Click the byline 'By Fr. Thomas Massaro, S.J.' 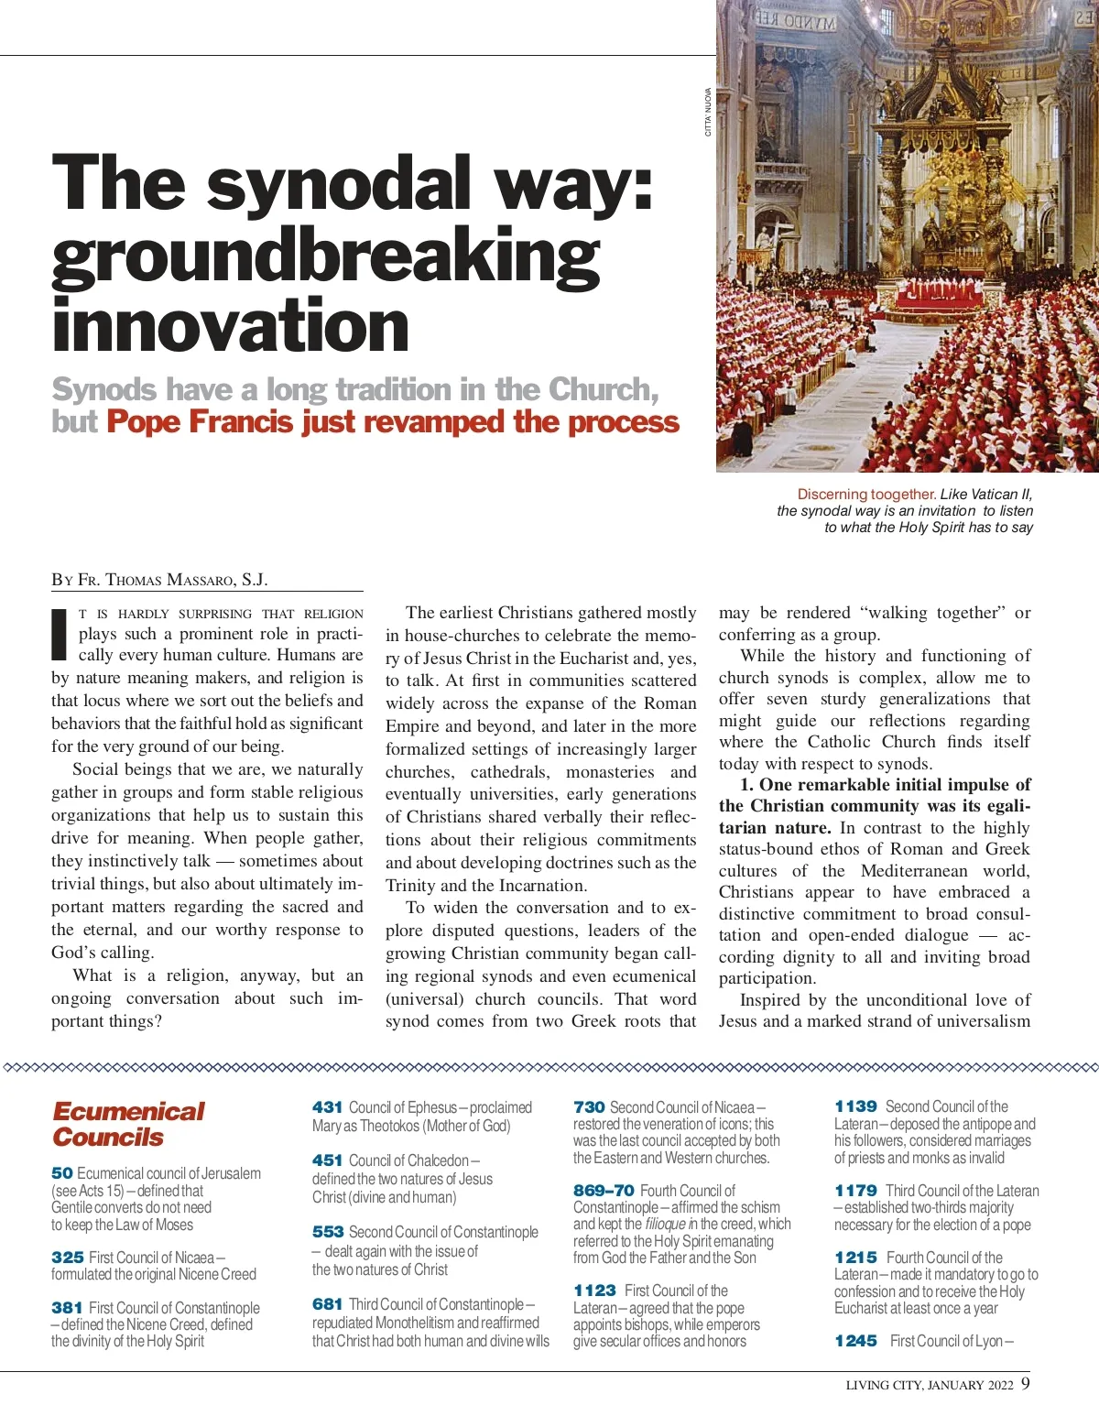click(x=159, y=580)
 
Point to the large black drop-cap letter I click(x=60, y=634)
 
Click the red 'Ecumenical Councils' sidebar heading click(x=128, y=1124)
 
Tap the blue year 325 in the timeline click(x=67, y=1258)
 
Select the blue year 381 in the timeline click(x=67, y=1308)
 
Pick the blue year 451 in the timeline click(x=327, y=1160)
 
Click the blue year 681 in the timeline click(x=327, y=1304)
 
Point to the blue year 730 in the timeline click(x=589, y=1107)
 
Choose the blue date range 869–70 click(x=604, y=1191)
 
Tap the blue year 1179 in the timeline click(x=855, y=1191)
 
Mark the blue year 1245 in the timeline click(x=855, y=1341)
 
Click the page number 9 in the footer click(x=1025, y=1383)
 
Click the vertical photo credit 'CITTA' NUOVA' click(x=708, y=112)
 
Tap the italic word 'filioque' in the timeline click(x=665, y=1225)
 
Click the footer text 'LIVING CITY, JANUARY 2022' click(x=929, y=1385)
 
